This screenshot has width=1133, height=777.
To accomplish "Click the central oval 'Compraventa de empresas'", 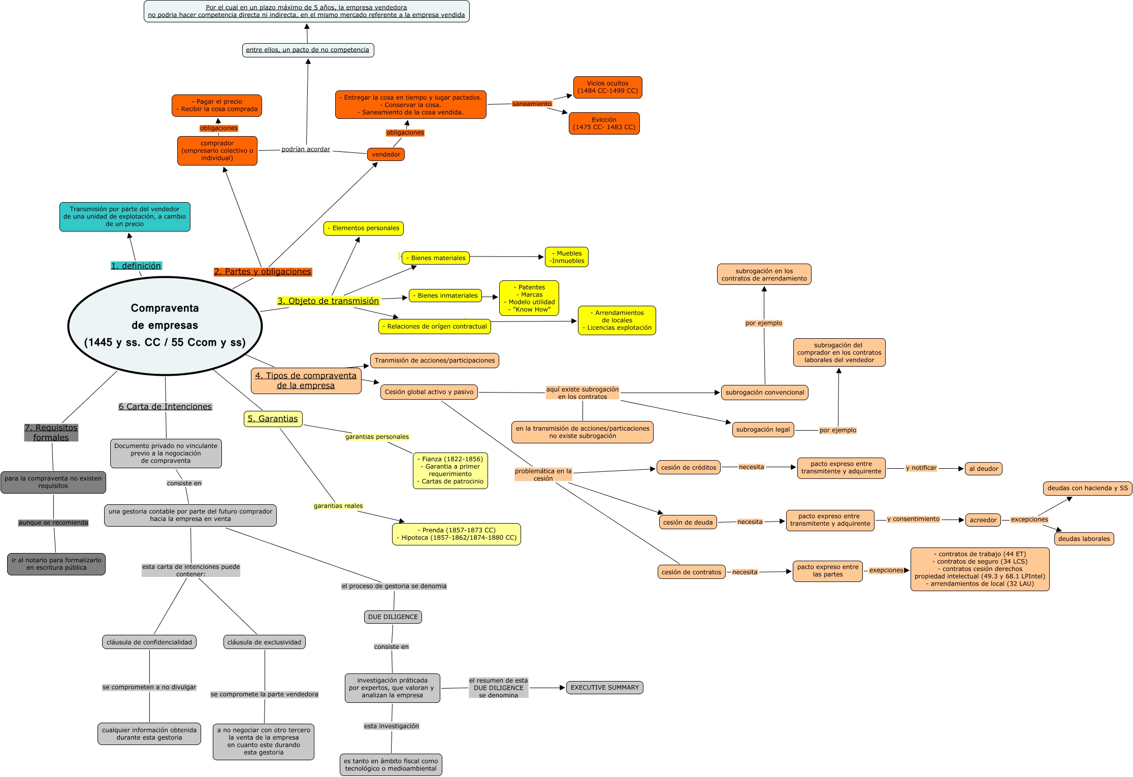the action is tap(165, 325).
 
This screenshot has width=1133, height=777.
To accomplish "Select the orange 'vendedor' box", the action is tap(385, 154).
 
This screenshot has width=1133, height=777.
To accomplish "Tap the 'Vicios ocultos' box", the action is tap(607, 87).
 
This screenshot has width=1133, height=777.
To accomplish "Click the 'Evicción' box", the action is tap(604, 123).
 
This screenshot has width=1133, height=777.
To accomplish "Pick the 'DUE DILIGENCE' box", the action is tap(393, 617).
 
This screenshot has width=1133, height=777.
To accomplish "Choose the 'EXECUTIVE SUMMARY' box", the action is tap(604, 688).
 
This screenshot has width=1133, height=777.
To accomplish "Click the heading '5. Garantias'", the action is tap(273, 419).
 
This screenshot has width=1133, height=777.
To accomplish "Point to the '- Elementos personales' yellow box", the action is tap(364, 229).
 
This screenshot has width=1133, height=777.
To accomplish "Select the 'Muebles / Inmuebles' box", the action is tap(567, 257).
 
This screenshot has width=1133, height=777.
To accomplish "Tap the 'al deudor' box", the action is tap(983, 469).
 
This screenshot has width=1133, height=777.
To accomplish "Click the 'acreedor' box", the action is tap(983, 520).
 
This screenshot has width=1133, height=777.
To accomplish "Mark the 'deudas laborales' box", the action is tap(1084, 539).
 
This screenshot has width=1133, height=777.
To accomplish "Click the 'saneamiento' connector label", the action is tap(532, 104).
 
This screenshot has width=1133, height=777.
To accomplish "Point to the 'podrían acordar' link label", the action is tap(306, 149).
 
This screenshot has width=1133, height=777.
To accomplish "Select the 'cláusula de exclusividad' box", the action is tap(264, 642).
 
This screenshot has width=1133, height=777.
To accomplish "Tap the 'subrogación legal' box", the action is tap(763, 430).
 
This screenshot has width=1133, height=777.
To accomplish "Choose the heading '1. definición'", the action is tap(136, 266).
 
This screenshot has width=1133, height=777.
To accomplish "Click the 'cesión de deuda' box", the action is tap(688, 523).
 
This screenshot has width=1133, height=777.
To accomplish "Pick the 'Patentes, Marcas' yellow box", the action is tap(529, 299).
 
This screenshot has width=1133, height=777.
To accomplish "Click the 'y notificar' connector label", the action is tap(921, 468).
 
